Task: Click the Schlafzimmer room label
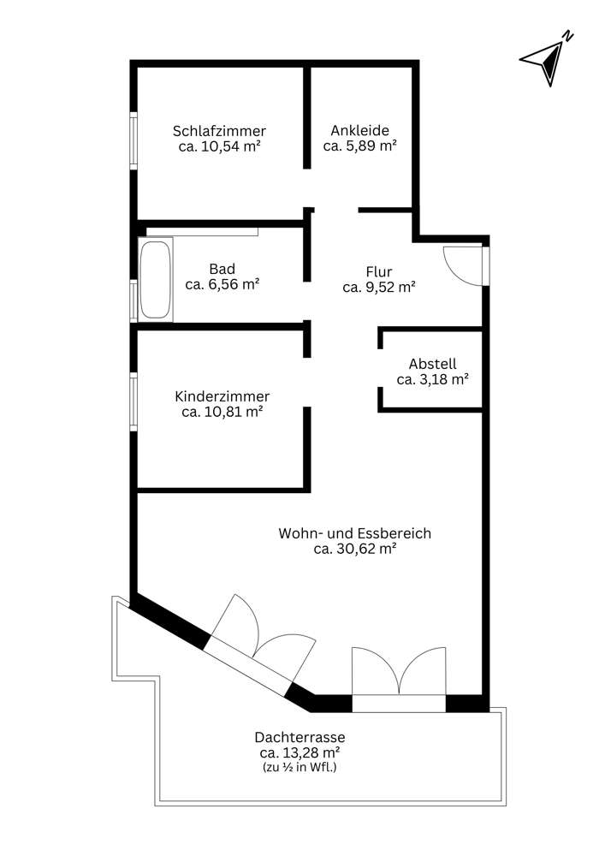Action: [x=219, y=131]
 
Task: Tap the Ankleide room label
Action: [x=359, y=131]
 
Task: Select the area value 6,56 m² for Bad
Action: [x=222, y=284]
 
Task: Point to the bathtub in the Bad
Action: [x=155, y=279]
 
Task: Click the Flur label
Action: [x=379, y=272]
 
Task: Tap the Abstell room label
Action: [x=432, y=363]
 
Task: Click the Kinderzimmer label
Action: [x=222, y=396]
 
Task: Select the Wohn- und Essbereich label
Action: [x=354, y=533]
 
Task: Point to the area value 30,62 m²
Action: [x=354, y=550]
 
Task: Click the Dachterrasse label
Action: [x=300, y=737]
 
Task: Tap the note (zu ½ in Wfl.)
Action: [x=300, y=768]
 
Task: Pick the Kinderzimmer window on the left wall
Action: [x=133, y=401]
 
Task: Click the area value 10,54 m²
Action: [x=219, y=146]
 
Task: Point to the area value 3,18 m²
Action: [x=432, y=379]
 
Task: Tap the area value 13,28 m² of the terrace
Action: [x=300, y=752]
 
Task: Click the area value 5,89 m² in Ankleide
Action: [x=359, y=146]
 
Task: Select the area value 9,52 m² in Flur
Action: [x=379, y=288]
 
